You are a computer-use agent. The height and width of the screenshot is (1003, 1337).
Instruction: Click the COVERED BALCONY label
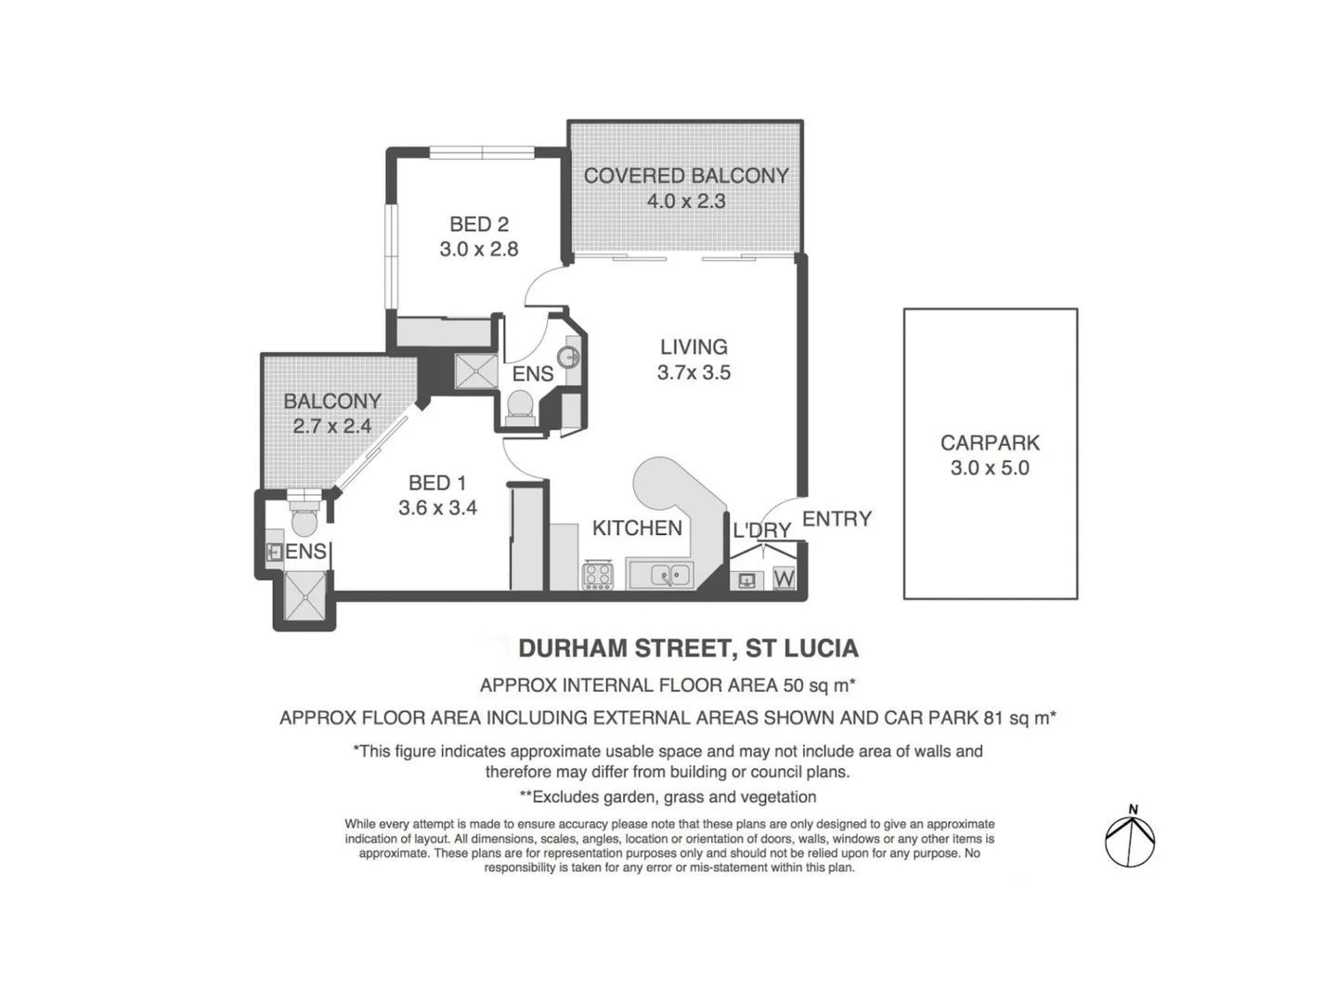click(x=685, y=176)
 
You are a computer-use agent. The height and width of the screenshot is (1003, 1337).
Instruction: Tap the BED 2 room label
click(x=478, y=224)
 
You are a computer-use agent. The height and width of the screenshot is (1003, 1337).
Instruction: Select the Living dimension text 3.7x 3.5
click(x=694, y=372)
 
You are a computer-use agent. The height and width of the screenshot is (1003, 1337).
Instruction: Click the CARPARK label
click(x=990, y=443)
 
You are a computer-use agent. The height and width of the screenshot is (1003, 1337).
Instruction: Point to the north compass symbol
click(x=1130, y=839)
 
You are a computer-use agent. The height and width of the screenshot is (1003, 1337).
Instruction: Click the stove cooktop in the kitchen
click(x=597, y=576)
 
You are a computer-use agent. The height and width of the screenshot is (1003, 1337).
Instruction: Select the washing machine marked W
click(x=784, y=579)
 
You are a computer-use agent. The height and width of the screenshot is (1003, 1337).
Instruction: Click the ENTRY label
click(x=837, y=519)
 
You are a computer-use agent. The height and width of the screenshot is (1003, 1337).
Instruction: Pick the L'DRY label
click(x=761, y=530)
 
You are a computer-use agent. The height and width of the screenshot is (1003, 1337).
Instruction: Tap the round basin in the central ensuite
click(x=569, y=357)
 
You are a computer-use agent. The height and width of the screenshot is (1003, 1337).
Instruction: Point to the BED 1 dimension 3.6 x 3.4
click(x=437, y=508)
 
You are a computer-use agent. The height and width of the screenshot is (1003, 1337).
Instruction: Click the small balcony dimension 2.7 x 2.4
click(x=331, y=426)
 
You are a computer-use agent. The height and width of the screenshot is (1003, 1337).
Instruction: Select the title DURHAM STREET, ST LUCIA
click(x=687, y=647)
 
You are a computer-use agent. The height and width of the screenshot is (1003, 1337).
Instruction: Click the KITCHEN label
click(x=637, y=528)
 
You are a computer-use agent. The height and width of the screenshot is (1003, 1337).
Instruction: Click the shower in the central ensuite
click(x=476, y=372)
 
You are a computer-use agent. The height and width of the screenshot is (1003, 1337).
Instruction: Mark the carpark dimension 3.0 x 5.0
click(x=990, y=468)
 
